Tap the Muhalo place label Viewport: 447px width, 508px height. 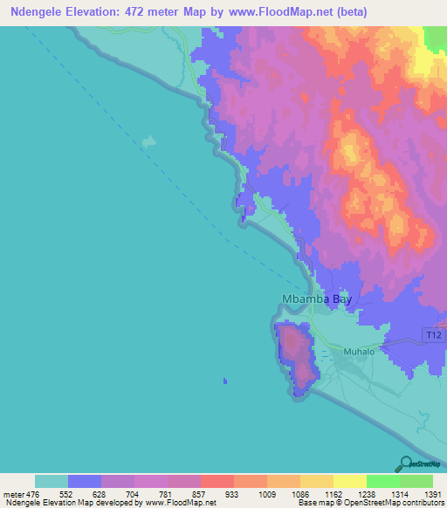(358, 352)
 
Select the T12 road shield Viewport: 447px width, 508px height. (433, 335)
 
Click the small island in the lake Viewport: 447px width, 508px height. (149, 141)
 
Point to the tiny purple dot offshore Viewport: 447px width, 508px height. (225, 381)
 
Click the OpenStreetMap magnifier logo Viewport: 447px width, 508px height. (405, 463)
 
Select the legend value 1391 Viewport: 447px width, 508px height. (433, 493)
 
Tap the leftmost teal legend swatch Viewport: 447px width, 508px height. (52, 481)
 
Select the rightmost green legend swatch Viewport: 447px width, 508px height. (416, 481)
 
